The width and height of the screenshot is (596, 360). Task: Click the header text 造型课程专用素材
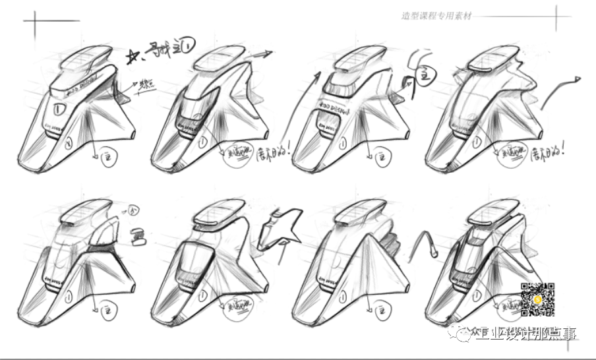click(436, 16)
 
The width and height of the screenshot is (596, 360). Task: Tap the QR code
click(537, 299)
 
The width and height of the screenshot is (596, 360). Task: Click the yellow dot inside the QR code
click(538, 300)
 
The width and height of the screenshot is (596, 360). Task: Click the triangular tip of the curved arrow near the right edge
click(578, 80)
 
